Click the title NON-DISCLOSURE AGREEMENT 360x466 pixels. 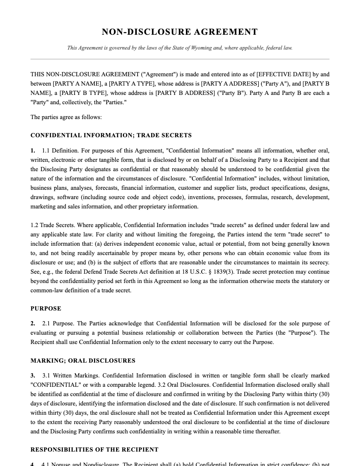coord(180,32)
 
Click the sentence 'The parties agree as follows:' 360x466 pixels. coord(66,117)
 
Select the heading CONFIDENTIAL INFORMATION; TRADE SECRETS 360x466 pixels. coord(111,136)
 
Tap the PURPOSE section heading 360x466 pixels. coord(46,309)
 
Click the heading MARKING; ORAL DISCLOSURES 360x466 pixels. coord(83,361)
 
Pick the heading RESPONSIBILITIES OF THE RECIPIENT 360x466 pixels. coord(94,450)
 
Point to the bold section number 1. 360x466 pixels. coord(33,151)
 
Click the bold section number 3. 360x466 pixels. coord(33,376)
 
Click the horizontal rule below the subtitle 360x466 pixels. coord(180,59)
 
